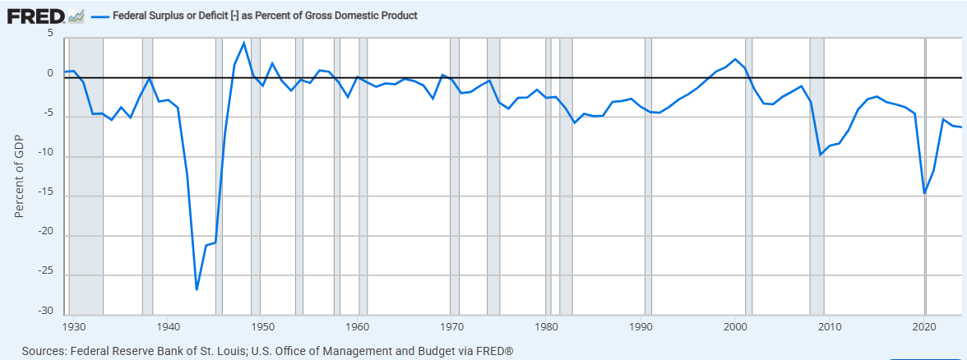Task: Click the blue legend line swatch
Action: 99,16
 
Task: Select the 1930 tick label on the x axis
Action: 73,325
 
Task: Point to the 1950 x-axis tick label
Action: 261,325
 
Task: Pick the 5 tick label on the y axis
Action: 49,34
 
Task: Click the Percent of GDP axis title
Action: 20,177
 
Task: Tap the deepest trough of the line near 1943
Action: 197,289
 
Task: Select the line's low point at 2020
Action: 924,193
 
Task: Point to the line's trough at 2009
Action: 820,155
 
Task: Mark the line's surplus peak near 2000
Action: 735,59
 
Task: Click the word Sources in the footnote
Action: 38,351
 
